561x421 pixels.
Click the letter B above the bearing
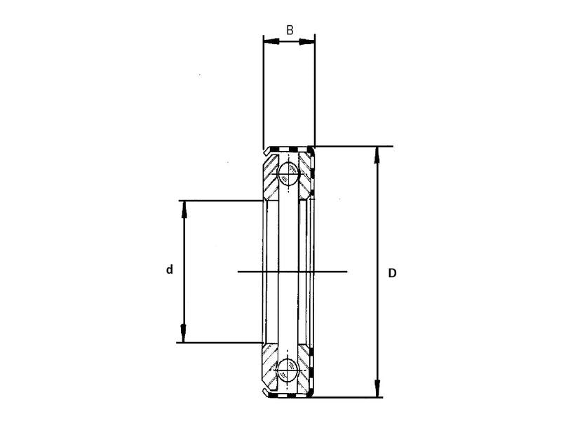click(290, 30)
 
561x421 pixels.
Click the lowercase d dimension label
click(169, 269)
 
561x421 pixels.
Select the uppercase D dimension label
click(392, 272)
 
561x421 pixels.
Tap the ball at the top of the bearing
click(288, 173)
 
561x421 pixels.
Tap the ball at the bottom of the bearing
click(288, 370)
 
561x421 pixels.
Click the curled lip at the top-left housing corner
click(266, 150)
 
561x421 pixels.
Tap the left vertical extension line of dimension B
click(263, 91)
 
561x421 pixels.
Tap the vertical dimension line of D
click(378, 225)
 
